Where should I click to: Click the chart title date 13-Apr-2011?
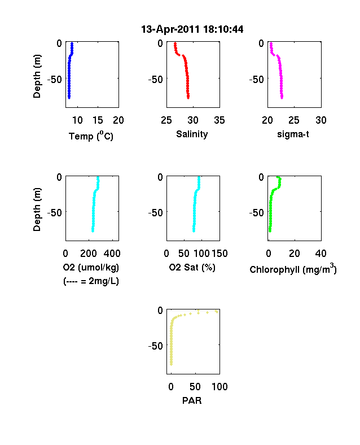pos(170,29)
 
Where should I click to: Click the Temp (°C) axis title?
pos(91,136)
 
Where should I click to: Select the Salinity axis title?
pos(192,134)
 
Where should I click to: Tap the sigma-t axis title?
pos(293,134)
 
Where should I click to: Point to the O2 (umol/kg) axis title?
pos(91,267)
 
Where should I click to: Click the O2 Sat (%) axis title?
pos(192,267)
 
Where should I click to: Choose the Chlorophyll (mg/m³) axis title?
pos(293,269)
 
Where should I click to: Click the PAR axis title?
pos(192,400)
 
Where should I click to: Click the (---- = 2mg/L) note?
pos(91,281)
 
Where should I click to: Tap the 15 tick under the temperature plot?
pos(98,120)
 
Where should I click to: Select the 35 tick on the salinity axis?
pos(219,120)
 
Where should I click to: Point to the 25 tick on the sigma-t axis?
pos(294,120)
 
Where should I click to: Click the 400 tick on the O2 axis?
pos(112,253)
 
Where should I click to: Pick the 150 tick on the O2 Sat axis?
pos(219,253)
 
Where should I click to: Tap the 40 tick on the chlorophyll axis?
pos(321,253)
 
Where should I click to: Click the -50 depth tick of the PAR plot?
pos(156,346)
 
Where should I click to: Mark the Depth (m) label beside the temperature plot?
pos(37,76)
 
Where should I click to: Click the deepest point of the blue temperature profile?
pos(69,98)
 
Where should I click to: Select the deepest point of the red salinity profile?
pos(188,98)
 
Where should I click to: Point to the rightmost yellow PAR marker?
pos(217,312)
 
